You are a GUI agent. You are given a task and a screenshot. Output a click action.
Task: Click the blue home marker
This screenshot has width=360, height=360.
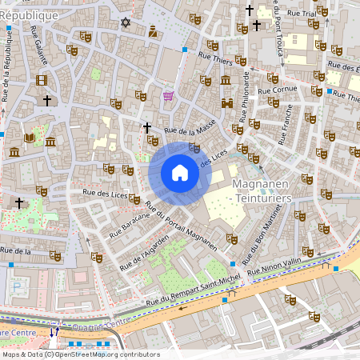180,172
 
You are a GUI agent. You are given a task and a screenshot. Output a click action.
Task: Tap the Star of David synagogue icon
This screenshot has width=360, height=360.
125,22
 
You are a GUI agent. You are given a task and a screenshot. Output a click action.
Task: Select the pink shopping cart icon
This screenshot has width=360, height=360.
168,96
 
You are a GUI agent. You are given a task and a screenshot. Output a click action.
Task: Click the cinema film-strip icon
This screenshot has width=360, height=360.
41,79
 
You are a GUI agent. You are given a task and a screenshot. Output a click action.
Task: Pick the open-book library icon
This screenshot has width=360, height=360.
30,138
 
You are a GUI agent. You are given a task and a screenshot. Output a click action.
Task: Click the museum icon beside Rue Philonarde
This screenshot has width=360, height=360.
226,80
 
